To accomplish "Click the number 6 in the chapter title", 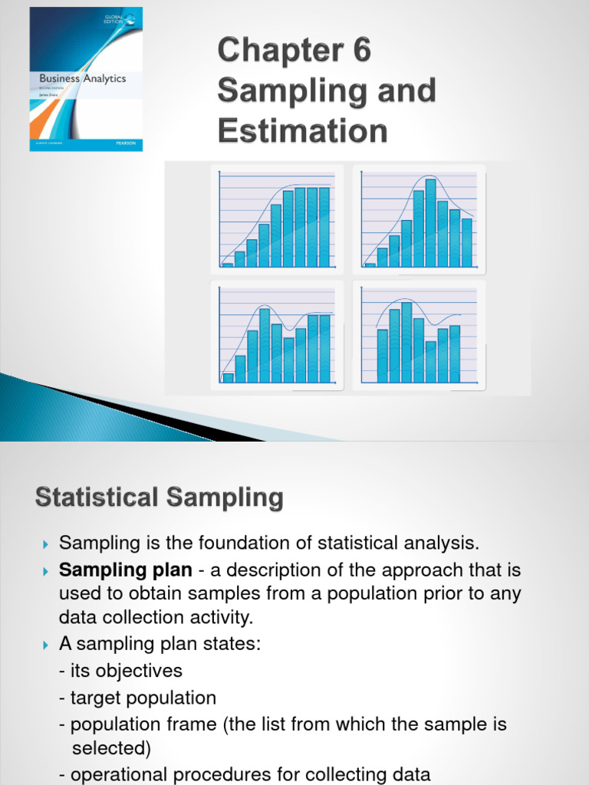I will pos(358,51).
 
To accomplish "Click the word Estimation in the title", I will pos(302,130).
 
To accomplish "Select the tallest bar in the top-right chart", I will pos(430,222).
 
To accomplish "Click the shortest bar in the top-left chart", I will pos(228,264).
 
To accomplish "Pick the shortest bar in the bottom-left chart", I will pos(228,377).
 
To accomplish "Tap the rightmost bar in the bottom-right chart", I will pos(455,353).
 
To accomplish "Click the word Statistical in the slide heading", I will pos(89,498).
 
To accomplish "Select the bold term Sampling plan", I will pos(126,570).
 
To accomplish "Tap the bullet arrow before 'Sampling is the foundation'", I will pos(44,544).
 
